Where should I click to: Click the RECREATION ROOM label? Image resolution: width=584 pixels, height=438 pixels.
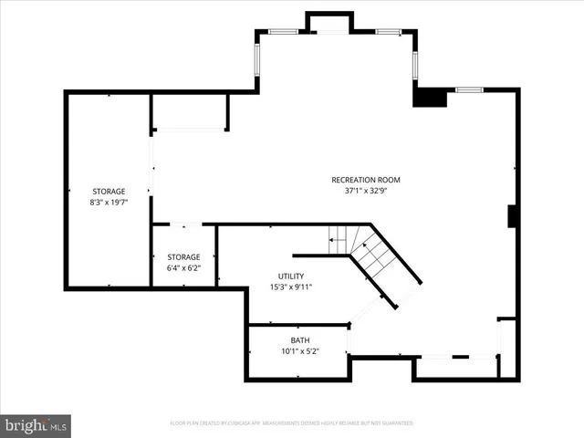point(365,180)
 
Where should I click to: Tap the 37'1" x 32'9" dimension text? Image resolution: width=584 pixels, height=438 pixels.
point(365,192)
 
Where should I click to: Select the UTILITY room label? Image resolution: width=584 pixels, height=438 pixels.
point(291,276)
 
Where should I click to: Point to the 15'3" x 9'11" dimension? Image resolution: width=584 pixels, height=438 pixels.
point(291,287)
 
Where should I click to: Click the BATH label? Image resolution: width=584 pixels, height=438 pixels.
point(300,339)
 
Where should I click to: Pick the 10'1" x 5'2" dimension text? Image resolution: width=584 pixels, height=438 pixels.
point(300,351)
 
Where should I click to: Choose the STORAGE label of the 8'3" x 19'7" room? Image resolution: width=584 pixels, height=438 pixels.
point(109,191)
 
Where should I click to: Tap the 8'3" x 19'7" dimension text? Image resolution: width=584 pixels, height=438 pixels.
point(109,203)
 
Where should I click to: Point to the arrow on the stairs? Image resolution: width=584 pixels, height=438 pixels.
point(336,242)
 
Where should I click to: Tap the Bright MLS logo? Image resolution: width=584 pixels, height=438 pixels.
point(36,425)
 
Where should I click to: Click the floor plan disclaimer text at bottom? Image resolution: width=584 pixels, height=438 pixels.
point(291,423)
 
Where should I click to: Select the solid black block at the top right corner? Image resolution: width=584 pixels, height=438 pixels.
point(429,97)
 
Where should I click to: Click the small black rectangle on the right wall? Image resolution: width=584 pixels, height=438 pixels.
point(514,217)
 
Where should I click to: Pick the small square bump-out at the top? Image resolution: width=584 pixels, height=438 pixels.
point(328,23)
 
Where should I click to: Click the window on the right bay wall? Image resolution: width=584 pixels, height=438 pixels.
point(415,64)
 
